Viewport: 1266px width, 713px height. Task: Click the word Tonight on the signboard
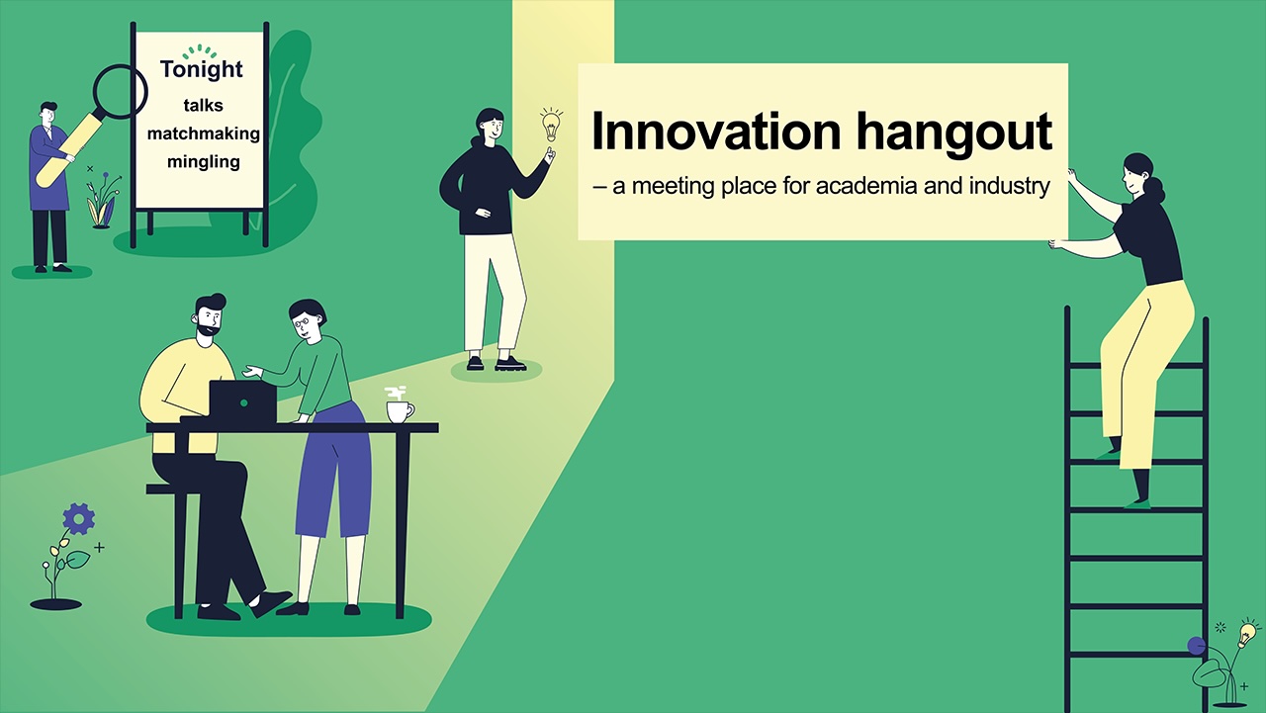(202, 69)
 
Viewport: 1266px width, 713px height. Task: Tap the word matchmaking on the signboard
(204, 134)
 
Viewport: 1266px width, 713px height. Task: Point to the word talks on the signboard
(204, 105)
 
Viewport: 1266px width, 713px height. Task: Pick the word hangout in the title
(954, 134)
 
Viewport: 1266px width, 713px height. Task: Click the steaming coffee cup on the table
(401, 405)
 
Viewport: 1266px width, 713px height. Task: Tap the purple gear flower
(78, 518)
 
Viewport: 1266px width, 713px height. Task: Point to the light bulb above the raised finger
(551, 125)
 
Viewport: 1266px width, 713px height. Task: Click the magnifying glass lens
(121, 92)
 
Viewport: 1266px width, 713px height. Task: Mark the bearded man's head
(209, 315)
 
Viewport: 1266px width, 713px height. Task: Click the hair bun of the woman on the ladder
(1157, 191)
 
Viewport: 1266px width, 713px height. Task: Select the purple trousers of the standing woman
(334, 470)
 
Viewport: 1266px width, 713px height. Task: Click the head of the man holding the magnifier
(48, 114)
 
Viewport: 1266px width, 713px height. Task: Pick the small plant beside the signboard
(102, 201)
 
